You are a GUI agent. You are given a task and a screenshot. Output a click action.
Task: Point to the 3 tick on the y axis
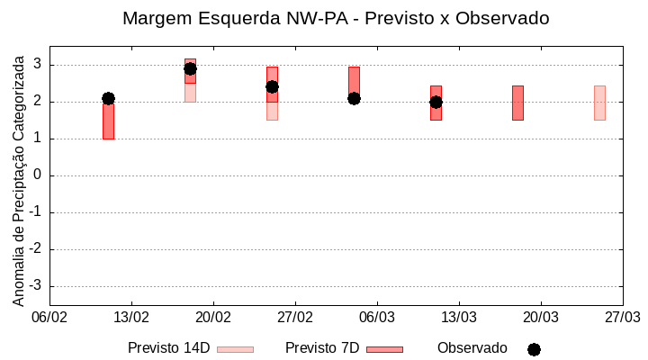click(37, 64)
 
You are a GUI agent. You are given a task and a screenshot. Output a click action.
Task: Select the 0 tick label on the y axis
click(37, 175)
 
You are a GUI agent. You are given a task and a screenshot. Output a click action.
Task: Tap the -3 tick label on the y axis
click(34, 286)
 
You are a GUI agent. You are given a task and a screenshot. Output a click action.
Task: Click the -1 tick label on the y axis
click(34, 212)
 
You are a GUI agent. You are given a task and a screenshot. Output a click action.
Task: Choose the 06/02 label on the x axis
click(49, 318)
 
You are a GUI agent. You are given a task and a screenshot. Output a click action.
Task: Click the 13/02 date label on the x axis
click(131, 318)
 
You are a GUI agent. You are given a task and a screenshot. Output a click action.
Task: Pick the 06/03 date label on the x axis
click(377, 318)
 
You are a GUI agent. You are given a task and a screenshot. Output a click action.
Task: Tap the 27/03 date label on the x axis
click(622, 318)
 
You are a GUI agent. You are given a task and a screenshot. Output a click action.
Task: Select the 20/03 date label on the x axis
click(540, 318)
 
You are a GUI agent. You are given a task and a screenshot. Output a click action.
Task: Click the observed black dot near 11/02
click(108, 98)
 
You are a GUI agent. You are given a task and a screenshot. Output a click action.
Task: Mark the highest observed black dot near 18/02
click(190, 68)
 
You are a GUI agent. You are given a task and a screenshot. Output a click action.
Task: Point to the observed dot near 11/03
click(436, 102)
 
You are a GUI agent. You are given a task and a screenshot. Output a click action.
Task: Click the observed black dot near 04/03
click(354, 98)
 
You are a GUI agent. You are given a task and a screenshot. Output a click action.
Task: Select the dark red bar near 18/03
click(517, 103)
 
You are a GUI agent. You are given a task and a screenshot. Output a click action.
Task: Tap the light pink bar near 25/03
click(599, 103)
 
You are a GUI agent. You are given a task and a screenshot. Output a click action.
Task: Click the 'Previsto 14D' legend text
click(168, 348)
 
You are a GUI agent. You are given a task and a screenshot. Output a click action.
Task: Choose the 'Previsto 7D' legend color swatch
click(384, 349)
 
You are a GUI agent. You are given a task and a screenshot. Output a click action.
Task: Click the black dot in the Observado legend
click(534, 349)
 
